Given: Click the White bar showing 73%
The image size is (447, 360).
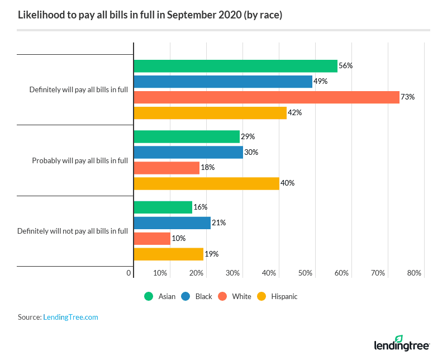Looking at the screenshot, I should point(267,97).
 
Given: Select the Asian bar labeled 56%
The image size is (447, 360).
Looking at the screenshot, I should point(235,66).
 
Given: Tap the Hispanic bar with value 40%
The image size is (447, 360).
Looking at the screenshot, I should point(206,183).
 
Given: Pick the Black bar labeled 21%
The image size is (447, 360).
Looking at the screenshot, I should point(172,223).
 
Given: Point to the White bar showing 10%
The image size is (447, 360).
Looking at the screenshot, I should point(152,239).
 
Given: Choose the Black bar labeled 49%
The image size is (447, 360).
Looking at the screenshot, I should point(223,82).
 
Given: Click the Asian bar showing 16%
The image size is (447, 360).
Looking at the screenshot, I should point(163,207).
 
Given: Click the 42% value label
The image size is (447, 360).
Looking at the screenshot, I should point(294,112).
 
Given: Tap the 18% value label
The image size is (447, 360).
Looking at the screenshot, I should point(207,167).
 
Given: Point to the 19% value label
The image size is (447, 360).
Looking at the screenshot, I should point(211,254).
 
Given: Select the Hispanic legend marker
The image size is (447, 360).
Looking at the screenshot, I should point(261,296).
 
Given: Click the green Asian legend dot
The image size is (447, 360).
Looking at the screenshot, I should point(148,296).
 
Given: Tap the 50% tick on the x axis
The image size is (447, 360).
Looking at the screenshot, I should point(305,273).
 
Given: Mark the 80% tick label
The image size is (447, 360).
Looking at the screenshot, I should point(414,273).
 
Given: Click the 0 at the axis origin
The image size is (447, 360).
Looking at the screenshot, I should point(129,273).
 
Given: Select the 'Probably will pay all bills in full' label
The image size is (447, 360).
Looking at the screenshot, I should point(80,160).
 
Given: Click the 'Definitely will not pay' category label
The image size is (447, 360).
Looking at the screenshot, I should point(73,231).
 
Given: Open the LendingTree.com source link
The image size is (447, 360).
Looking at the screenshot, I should point(70,317).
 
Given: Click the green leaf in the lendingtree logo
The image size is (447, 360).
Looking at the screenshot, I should point(398,339).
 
